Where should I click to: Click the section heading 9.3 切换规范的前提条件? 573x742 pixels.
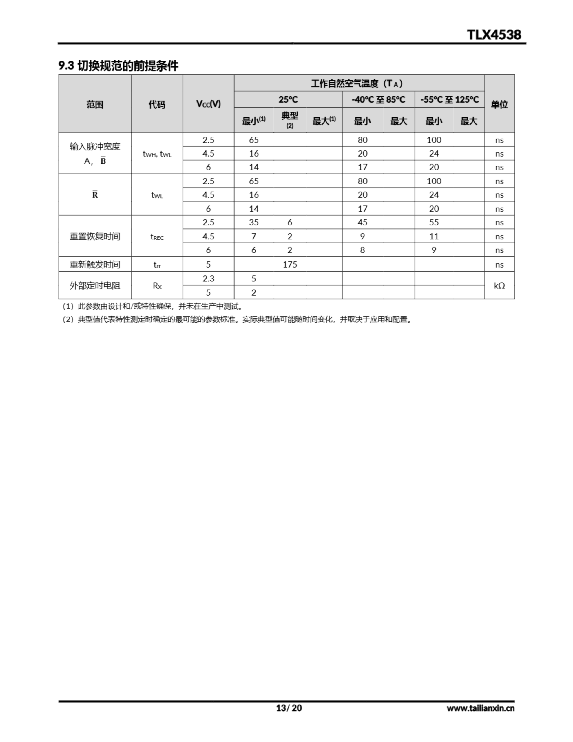[x=118, y=66]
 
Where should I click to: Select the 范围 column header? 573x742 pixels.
[x=95, y=104]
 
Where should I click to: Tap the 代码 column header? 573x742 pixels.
[x=157, y=104]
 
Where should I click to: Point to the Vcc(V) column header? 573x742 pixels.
[x=208, y=104]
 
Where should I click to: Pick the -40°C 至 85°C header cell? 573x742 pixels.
[x=378, y=99]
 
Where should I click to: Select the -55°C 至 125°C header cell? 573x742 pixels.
[x=449, y=99]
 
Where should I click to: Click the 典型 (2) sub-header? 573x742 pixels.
[x=290, y=120]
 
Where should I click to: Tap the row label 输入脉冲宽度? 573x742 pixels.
[x=95, y=146]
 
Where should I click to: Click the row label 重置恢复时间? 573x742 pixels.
[x=95, y=236]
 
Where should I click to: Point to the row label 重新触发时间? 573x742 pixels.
[x=95, y=264]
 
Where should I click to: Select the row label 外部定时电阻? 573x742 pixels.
[x=95, y=285]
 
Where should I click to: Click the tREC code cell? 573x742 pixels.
[x=157, y=237]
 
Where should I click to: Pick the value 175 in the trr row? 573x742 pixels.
[x=290, y=264]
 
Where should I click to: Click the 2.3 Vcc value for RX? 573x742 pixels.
[x=208, y=279]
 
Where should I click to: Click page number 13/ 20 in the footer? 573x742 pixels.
[x=289, y=708]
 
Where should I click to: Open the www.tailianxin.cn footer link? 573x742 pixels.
[x=480, y=708]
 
